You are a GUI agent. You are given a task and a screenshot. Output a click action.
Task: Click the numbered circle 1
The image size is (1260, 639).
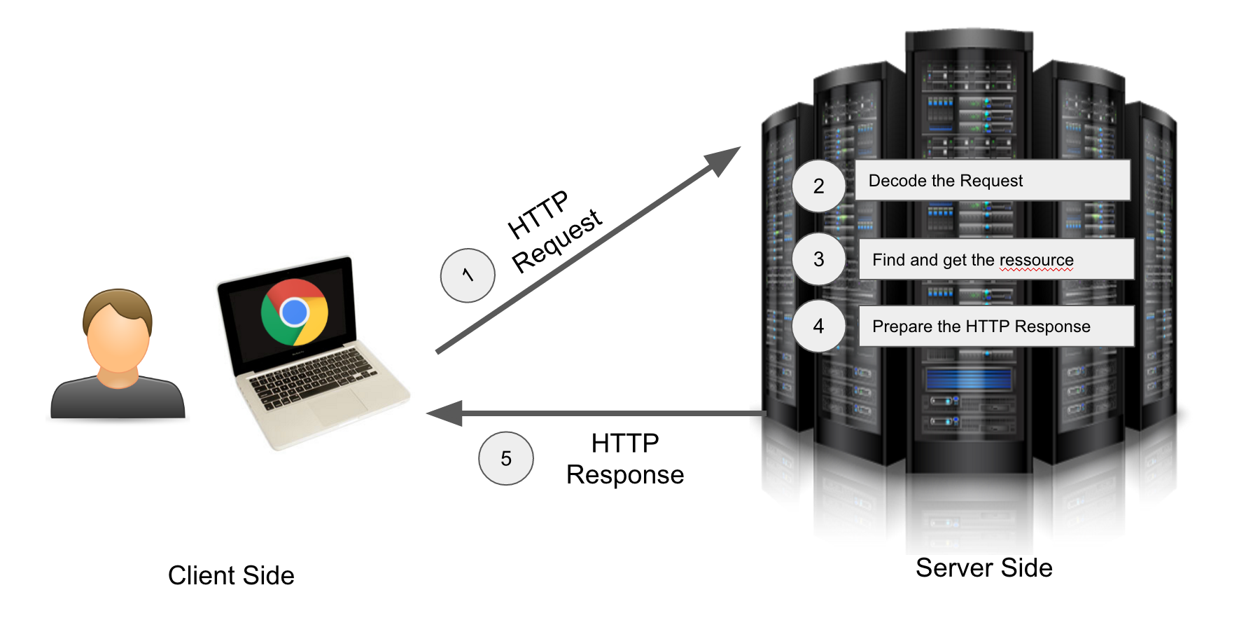[x=468, y=275]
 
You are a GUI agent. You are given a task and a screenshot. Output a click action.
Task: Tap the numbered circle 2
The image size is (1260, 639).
[x=818, y=186]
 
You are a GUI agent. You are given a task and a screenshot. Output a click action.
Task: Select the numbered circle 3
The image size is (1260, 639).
[x=818, y=259]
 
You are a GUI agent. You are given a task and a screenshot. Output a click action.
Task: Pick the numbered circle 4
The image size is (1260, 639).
[x=818, y=326]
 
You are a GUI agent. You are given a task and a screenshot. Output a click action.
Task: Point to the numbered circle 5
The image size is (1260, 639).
[x=506, y=458]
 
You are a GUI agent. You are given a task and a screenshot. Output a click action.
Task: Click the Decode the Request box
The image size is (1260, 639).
[x=992, y=181]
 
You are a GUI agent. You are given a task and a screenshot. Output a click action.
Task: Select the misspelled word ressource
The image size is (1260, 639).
[x=1036, y=261]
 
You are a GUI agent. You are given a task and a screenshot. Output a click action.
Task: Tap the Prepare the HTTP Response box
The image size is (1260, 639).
[x=995, y=326]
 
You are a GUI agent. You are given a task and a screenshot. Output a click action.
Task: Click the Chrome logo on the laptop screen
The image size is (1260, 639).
[x=295, y=312]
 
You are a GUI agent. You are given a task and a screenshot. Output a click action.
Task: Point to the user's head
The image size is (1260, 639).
[x=118, y=329]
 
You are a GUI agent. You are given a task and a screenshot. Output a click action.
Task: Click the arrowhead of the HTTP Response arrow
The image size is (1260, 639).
[x=445, y=413]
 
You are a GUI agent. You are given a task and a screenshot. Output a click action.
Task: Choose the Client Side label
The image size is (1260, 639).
[x=231, y=575]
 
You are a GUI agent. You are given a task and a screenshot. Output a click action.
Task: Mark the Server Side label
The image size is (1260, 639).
[x=983, y=568]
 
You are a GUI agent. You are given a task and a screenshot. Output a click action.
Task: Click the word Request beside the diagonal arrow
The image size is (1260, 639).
[x=556, y=240]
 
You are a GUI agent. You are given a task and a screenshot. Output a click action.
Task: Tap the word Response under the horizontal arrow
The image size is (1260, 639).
[x=624, y=475]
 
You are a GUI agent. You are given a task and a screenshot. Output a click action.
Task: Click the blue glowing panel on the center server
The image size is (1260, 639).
[x=968, y=379]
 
